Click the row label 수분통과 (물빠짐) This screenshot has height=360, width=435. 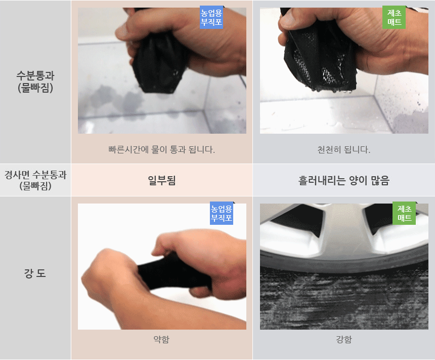35,82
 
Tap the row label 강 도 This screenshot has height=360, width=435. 35,273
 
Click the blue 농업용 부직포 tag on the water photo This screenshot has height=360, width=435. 211,17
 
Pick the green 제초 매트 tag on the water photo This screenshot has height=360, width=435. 394,17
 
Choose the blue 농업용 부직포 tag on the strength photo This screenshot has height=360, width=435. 222,213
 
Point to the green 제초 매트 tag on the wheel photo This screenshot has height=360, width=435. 404,213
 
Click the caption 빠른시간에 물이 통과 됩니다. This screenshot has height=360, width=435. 162,150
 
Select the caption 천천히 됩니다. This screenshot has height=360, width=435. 344,150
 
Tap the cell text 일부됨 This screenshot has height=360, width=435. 162,181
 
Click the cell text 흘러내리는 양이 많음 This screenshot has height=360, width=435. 344,181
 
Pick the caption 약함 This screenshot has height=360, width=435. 161,339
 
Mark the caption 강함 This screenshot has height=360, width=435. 344,339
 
